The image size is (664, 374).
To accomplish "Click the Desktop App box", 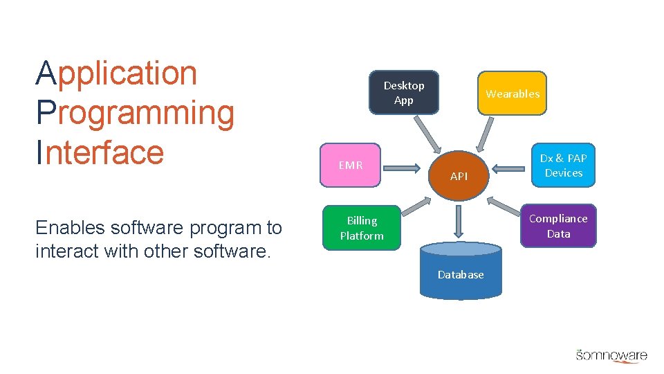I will [x=404, y=92].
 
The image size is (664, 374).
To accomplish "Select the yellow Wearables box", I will [x=512, y=93].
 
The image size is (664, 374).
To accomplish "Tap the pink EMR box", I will [x=350, y=166].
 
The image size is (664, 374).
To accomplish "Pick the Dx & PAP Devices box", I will [x=563, y=166].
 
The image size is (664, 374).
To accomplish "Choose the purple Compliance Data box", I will [x=557, y=226].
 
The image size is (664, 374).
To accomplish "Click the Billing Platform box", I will [x=361, y=228].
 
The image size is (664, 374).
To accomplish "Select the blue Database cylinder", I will [x=461, y=271].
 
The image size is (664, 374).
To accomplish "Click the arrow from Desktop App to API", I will [x=427, y=134].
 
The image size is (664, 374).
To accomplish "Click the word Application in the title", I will [x=116, y=73].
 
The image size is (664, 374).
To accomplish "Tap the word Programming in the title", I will [x=135, y=113].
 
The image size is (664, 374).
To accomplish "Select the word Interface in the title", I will [x=100, y=152].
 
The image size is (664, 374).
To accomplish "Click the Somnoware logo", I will [x=611, y=355].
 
